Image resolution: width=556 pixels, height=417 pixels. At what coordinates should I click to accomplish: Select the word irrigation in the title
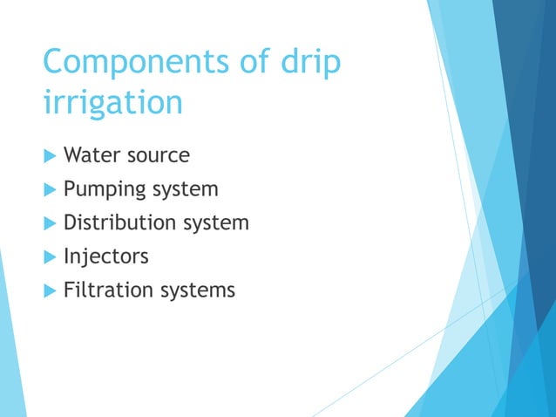tap(112, 103)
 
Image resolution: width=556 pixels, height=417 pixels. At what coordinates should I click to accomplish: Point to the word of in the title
tap(246, 64)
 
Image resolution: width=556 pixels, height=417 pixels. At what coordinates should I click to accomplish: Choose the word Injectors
tap(105, 256)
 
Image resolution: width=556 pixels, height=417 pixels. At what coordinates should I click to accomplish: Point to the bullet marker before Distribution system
tap(49, 223)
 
